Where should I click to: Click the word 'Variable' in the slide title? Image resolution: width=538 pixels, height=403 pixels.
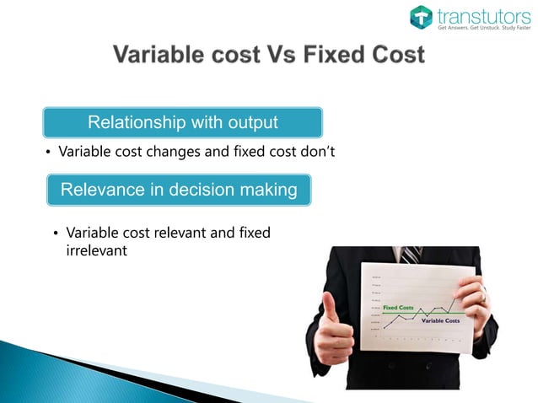pyautogui.click(x=159, y=56)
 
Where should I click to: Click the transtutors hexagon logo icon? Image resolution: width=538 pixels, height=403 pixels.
pyautogui.click(x=422, y=16)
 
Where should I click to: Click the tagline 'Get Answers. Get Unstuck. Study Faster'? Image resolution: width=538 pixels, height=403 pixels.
pyautogui.click(x=483, y=28)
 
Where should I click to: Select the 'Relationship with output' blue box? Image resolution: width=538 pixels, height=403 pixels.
pyautogui.click(x=183, y=122)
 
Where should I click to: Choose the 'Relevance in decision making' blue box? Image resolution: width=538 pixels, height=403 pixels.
pyautogui.click(x=178, y=190)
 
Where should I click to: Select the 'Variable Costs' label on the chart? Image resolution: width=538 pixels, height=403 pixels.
pyautogui.click(x=439, y=321)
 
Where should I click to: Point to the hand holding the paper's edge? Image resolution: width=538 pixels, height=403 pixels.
pyautogui.click(x=473, y=300)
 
